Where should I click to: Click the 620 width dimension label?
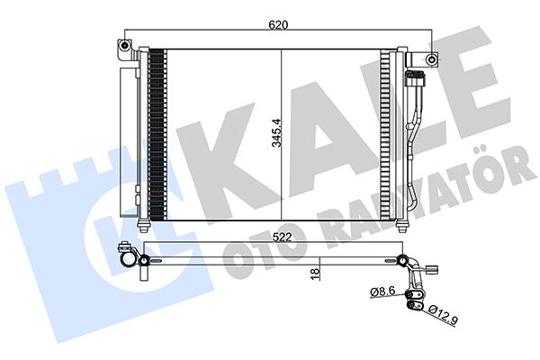[277, 26]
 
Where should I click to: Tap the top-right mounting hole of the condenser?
[433, 60]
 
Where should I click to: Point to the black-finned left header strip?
[158, 135]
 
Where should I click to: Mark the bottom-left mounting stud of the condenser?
[146, 222]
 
